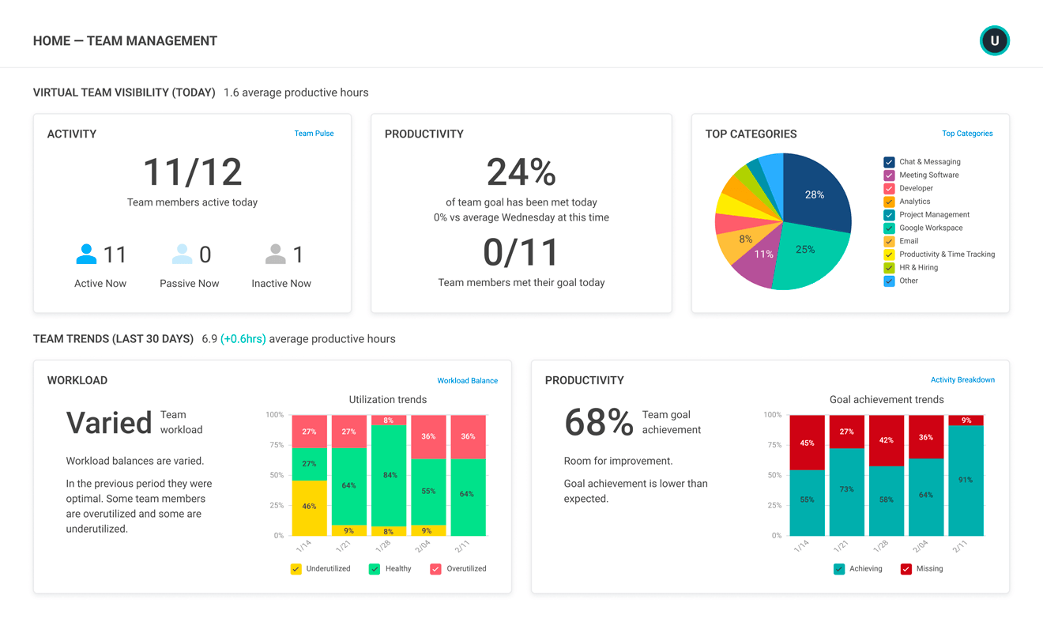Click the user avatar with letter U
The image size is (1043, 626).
click(994, 40)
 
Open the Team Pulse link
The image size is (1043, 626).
click(314, 134)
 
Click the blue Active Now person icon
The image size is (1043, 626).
click(86, 255)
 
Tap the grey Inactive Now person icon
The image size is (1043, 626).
click(275, 255)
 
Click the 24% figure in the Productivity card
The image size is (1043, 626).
click(521, 172)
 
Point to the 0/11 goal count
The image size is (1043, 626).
click(521, 253)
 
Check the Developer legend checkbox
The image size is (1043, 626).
click(889, 188)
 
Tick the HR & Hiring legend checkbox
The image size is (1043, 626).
click(889, 268)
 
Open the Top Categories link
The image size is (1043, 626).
click(967, 134)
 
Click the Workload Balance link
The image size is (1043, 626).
click(467, 381)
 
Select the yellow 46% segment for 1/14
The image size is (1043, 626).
click(309, 507)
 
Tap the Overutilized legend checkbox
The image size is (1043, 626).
click(435, 569)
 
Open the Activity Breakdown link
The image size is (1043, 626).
click(962, 380)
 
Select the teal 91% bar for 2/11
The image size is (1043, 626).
click(966, 481)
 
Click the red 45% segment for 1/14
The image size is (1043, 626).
click(807, 443)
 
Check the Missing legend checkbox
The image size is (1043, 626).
click(906, 569)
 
